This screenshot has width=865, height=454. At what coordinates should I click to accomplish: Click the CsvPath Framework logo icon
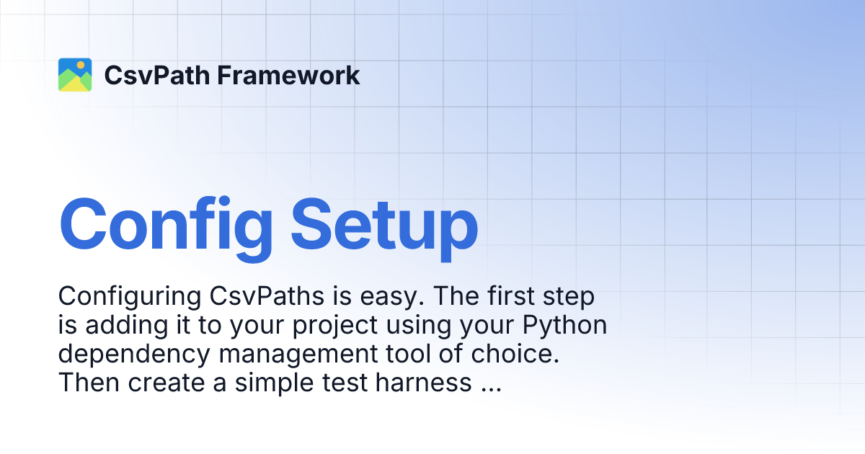pos(75,75)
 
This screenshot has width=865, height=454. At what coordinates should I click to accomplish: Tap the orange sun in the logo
pos(81,65)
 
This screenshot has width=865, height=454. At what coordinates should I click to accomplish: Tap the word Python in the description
pos(565,326)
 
